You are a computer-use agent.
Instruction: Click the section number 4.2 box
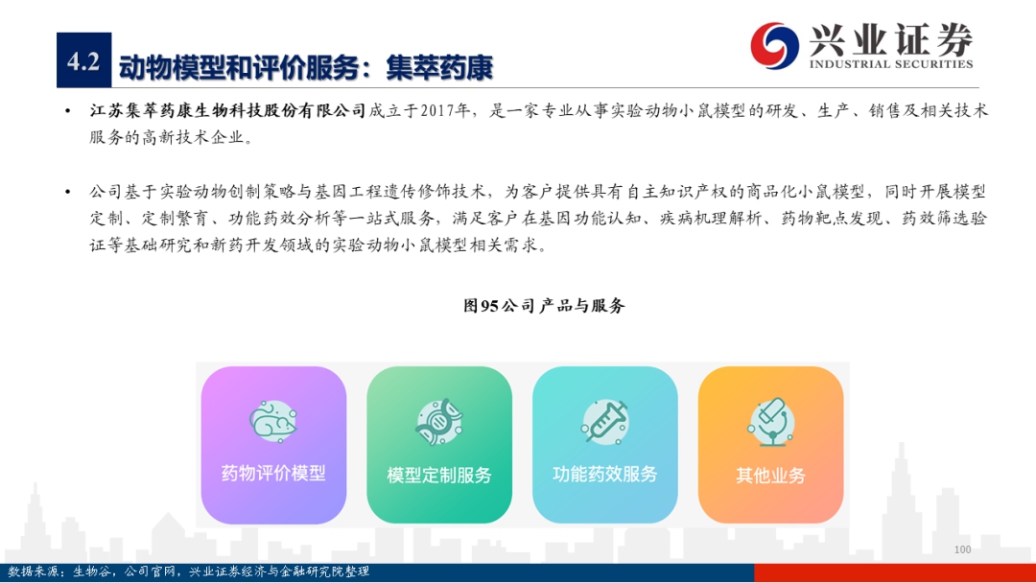(x=83, y=60)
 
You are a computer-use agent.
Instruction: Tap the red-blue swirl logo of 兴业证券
(x=774, y=46)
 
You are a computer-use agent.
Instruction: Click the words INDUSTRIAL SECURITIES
(x=890, y=64)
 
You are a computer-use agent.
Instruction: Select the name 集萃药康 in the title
(x=439, y=68)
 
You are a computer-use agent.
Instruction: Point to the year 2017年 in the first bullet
(x=445, y=110)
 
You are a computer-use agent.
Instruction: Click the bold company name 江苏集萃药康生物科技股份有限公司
(x=228, y=110)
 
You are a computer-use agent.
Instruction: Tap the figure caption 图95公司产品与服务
(x=544, y=306)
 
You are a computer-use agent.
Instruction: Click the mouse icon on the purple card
(x=272, y=421)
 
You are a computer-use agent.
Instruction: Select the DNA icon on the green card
(x=439, y=422)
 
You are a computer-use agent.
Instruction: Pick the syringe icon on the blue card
(x=604, y=422)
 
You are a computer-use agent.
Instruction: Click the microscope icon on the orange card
(x=770, y=422)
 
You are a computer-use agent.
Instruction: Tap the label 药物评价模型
(x=273, y=474)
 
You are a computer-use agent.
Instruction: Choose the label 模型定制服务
(x=439, y=476)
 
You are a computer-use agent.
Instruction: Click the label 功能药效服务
(x=605, y=474)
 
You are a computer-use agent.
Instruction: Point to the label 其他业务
(x=770, y=476)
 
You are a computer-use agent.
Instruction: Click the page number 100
(x=963, y=549)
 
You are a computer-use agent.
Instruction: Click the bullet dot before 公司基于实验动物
(x=68, y=192)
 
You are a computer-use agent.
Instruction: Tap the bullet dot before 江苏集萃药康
(x=68, y=111)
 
